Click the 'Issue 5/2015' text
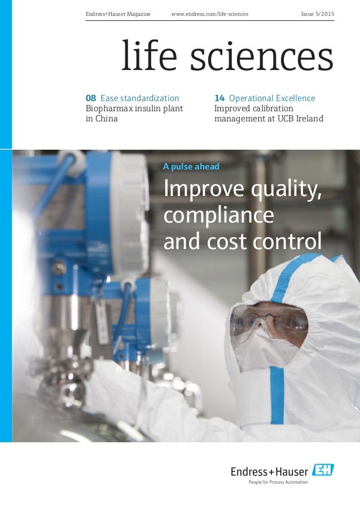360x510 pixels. [317, 13]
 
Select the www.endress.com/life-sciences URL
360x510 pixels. [209, 13]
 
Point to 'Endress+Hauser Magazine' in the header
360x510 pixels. [118, 13]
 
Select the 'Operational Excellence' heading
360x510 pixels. [272, 98]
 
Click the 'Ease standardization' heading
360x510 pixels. [139, 98]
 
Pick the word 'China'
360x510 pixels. [106, 119]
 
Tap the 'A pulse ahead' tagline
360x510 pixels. [191, 167]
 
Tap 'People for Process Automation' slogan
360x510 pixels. [279, 482]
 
